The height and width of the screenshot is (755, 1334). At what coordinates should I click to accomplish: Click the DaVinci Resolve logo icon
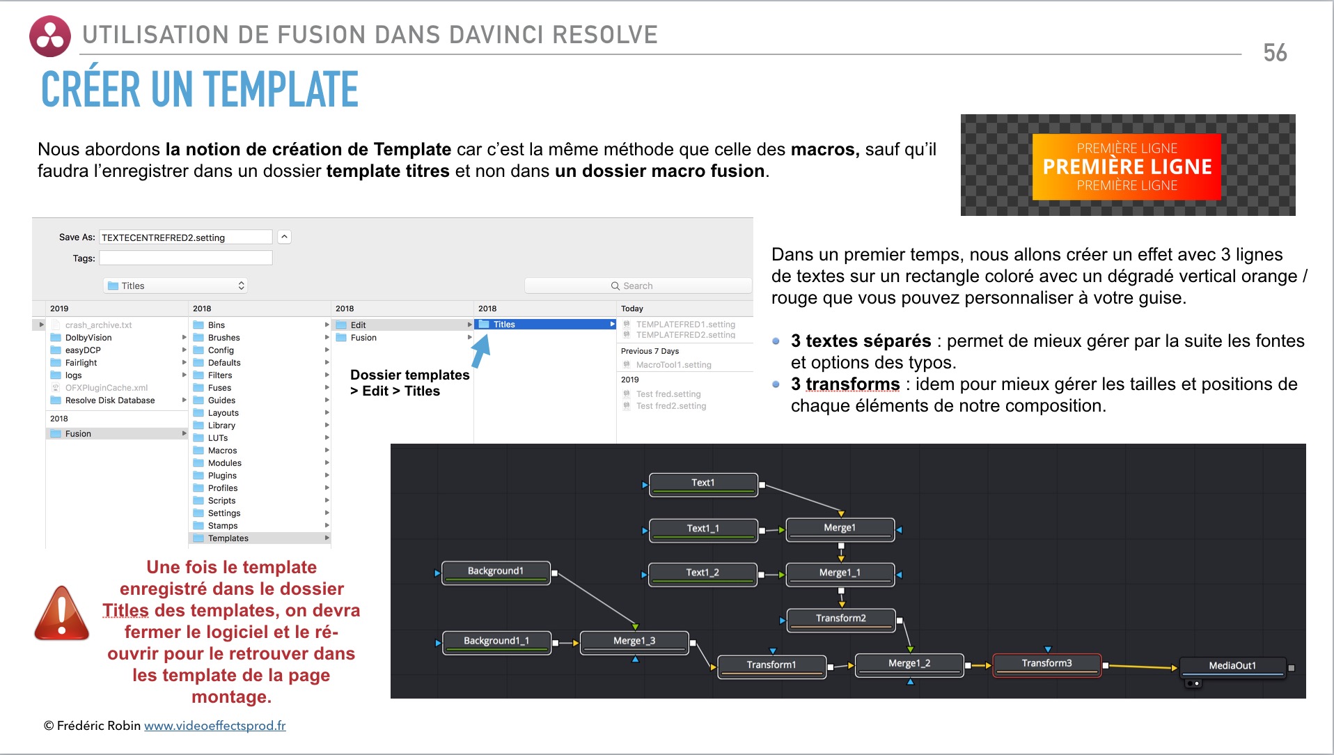pyautogui.click(x=50, y=36)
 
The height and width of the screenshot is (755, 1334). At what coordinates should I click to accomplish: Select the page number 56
pyautogui.click(x=1275, y=53)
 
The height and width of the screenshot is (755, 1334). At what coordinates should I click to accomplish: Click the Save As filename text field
pyautogui.click(x=185, y=238)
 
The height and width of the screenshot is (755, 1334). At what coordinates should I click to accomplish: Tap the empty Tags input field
pyautogui.click(x=185, y=258)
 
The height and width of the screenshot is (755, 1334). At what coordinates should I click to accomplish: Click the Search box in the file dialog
pyautogui.click(x=638, y=286)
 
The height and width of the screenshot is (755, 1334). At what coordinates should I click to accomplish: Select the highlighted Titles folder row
pyautogui.click(x=544, y=325)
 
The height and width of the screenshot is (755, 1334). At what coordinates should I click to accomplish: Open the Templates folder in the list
pyautogui.click(x=228, y=538)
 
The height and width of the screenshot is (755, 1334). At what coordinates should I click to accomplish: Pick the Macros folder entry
pyautogui.click(x=222, y=451)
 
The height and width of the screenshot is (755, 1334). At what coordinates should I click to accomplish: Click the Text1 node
pyautogui.click(x=703, y=483)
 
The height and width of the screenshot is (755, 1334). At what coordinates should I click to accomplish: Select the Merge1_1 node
pyautogui.click(x=840, y=573)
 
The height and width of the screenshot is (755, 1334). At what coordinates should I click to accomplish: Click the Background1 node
pyautogui.click(x=496, y=572)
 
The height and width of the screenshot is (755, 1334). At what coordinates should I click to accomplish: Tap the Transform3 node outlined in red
pyautogui.click(x=1046, y=664)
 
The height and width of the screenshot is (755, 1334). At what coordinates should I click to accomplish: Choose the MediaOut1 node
pyautogui.click(x=1232, y=666)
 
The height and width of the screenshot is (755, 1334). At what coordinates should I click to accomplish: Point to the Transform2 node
pyautogui.click(x=840, y=618)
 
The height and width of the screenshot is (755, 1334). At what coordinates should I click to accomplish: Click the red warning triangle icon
pyautogui.click(x=62, y=614)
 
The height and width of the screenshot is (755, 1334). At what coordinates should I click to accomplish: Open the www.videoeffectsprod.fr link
pyautogui.click(x=214, y=726)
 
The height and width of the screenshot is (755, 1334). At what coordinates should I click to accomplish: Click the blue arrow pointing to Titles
pyautogui.click(x=481, y=350)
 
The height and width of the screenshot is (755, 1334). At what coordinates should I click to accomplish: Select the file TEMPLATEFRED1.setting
pyautogui.click(x=685, y=325)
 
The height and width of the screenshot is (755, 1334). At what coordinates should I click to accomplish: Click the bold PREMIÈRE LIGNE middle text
pyautogui.click(x=1127, y=167)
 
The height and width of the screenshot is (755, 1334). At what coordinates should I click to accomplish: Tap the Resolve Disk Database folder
pyautogui.click(x=109, y=400)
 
